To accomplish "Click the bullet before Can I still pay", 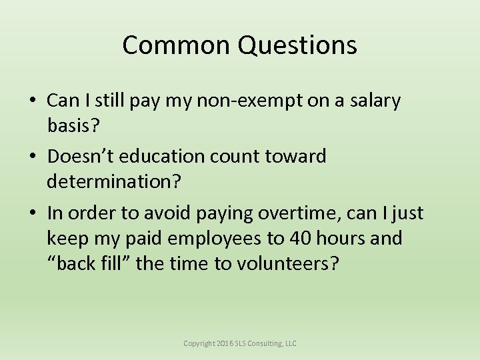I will coord(32,101).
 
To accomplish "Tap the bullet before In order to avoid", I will coord(32,214).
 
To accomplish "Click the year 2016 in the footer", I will coord(226,343).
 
